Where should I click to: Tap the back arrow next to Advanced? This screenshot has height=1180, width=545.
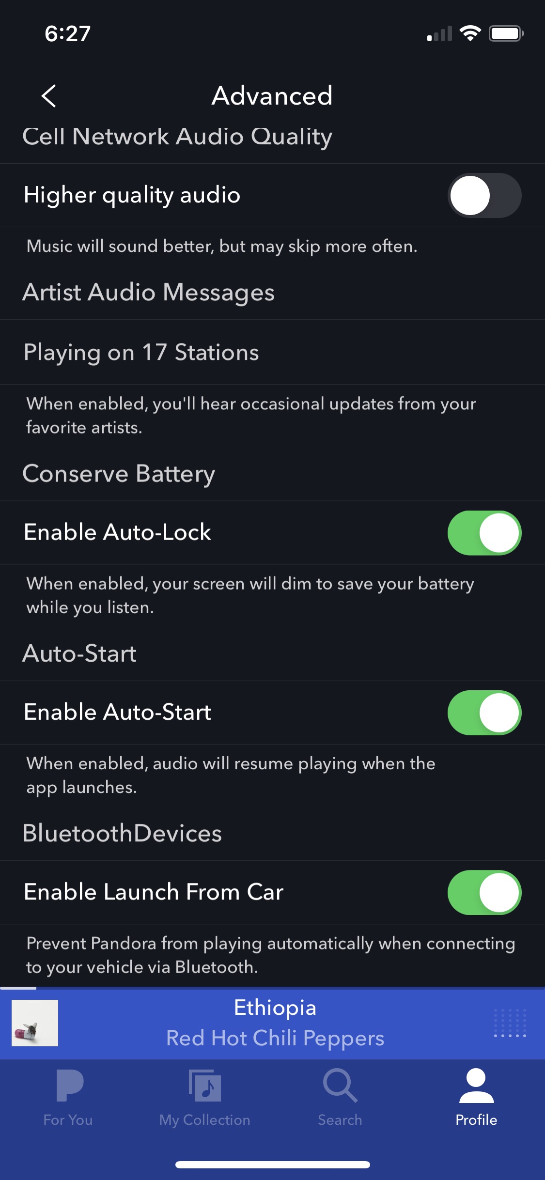[x=49, y=95]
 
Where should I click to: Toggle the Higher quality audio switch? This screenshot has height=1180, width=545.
[x=484, y=195]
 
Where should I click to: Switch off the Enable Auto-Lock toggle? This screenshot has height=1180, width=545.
[x=484, y=532]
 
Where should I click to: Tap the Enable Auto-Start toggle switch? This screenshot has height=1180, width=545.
[x=484, y=712]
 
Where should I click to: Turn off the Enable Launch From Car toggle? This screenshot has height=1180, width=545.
[x=484, y=892]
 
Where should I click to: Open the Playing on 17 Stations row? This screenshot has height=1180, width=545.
[x=141, y=352]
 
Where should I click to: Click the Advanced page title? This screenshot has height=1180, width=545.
[x=272, y=95]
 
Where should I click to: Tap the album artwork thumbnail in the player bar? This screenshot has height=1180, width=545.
[x=35, y=1023]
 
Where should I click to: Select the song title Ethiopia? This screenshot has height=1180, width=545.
[x=275, y=1008]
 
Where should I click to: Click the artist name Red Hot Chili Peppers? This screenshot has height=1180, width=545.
[x=275, y=1038]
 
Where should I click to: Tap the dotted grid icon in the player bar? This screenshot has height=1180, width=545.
[x=510, y=1023]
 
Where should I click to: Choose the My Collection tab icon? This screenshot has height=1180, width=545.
[x=204, y=1086]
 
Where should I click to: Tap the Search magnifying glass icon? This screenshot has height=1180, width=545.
[x=340, y=1086]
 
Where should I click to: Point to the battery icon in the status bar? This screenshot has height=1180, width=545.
[x=506, y=33]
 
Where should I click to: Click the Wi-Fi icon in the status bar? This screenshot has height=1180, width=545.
[x=469, y=33]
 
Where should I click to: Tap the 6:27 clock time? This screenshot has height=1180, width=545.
[x=68, y=33]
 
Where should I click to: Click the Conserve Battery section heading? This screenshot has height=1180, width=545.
[x=119, y=473]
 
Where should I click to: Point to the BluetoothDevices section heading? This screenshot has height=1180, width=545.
[x=122, y=833]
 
